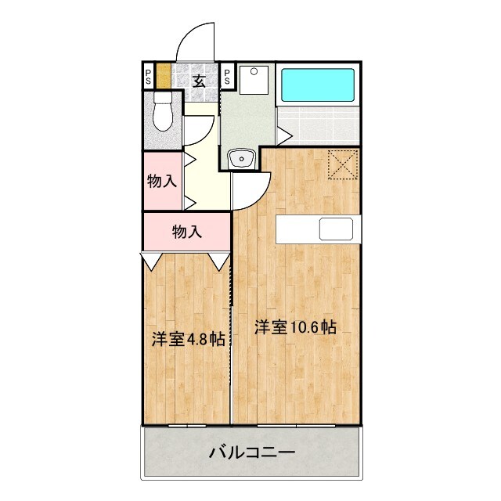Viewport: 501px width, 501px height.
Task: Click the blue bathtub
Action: [319, 85]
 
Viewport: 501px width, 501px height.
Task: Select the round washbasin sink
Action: [242, 160]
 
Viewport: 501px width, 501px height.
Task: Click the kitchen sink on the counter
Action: [335, 229]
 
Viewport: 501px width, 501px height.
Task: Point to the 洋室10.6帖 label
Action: [295, 328]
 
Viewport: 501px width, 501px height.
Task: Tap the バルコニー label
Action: [251, 452]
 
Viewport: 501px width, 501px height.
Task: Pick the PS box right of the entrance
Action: [227, 77]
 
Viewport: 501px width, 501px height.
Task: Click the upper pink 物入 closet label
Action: [161, 182]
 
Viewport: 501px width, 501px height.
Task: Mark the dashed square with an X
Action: [342, 164]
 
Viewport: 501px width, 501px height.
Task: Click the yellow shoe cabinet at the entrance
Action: [163, 77]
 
